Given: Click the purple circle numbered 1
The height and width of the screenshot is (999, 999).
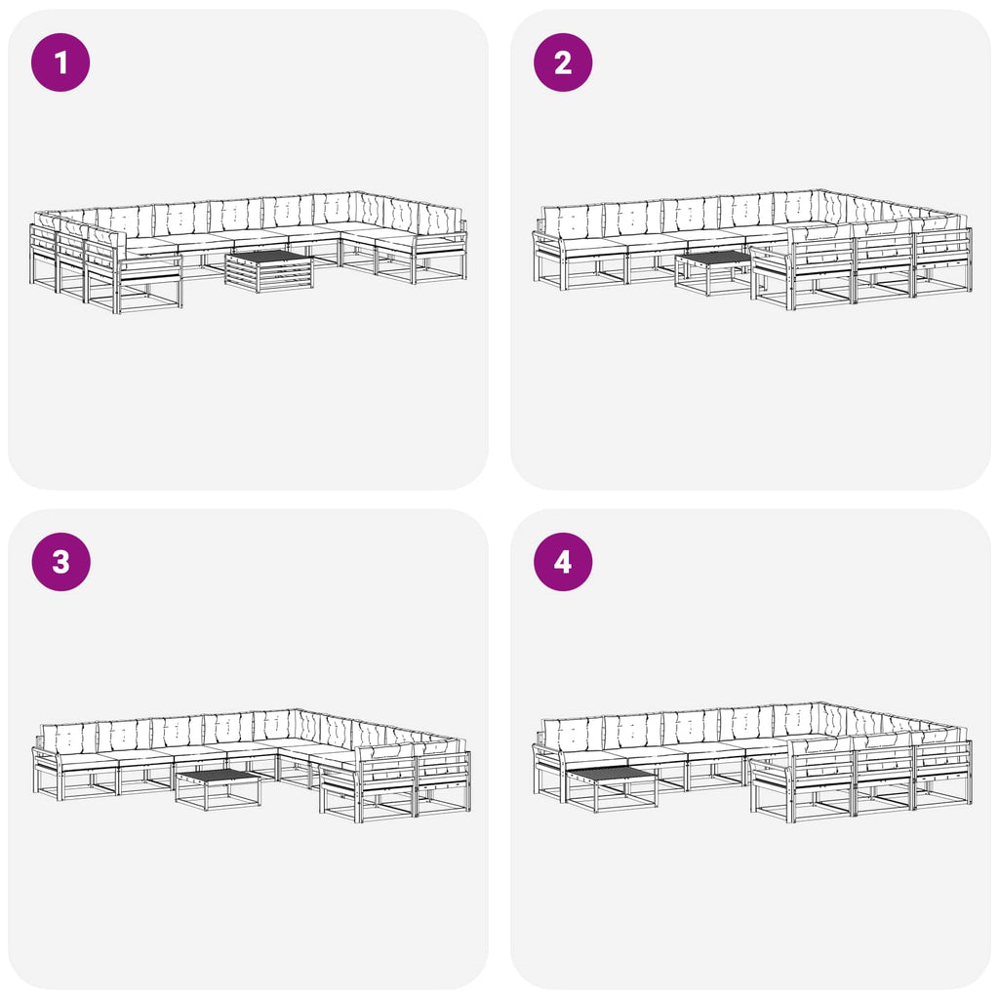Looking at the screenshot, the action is pyautogui.click(x=60, y=62).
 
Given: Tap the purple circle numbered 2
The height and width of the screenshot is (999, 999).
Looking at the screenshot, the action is pyautogui.click(x=563, y=62).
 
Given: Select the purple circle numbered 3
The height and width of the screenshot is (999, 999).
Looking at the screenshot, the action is pyautogui.click(x=60, y=562).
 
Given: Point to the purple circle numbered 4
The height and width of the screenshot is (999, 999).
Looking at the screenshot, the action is pyautogui.click(x=563, y=562).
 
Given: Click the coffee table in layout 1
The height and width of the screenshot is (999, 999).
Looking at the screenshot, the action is pyautogui.click(x=269, y=271).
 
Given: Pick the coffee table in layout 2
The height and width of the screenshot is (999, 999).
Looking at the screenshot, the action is pyautogui.click(x=713, y=273).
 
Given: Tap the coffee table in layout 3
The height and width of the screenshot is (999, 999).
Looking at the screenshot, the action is pyautogui.click(x=218, y=788).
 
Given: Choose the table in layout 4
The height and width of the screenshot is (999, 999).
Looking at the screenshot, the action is pyautogui.click(x=611, y=788).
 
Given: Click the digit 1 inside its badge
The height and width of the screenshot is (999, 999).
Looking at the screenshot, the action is pyautogui.click(x=61, y=62).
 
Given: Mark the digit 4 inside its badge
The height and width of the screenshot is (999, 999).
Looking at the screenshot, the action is pyautogui.click(x=563, y=562).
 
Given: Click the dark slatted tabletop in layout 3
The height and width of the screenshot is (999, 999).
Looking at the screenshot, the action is pyautogui.click(x=218, y=776).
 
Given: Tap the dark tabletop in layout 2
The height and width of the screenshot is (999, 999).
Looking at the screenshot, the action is pyautogui.click(x=713, y=257).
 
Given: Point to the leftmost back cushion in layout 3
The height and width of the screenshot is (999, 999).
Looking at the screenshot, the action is pyautogui.click(x=69, y=739).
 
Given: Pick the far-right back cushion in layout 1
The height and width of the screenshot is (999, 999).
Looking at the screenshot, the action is pyautogui.click(x=440, y=222).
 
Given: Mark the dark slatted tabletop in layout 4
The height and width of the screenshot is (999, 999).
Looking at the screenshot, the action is pyautogui.click(x=611, y=774).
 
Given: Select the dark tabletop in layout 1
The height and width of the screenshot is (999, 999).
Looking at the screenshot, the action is pyautogui.click(x=269, y=256).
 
